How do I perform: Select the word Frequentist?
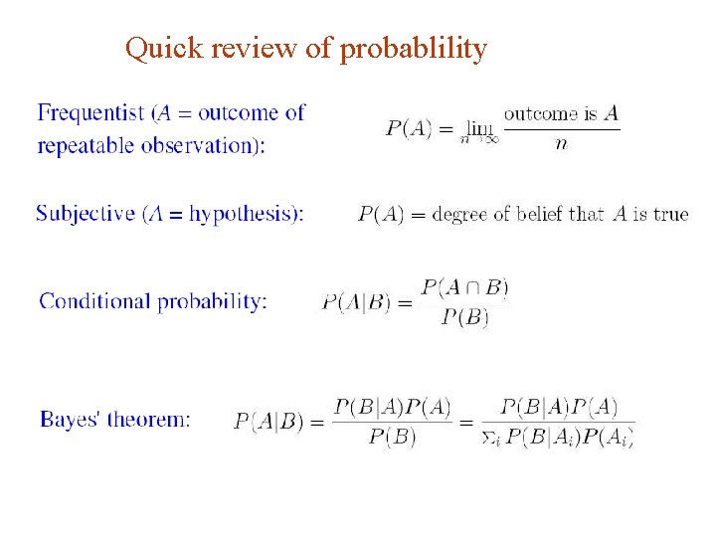click(x=89, y=113)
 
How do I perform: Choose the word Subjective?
click(x=85, y=214)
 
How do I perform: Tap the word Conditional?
click(x=93, y=301)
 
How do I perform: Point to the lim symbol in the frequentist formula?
click(x=480, y=128)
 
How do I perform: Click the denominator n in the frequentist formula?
click(x=561, y=144)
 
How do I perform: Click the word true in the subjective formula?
click(x=670, y=214)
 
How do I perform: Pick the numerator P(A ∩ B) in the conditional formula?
click(x=464, y=287)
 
